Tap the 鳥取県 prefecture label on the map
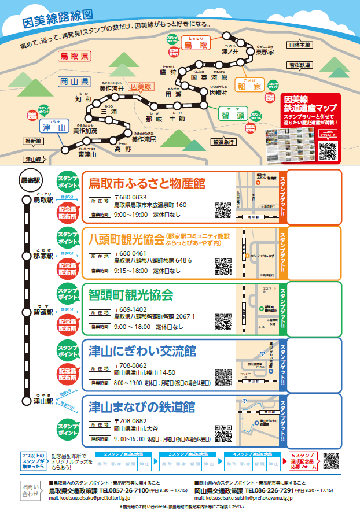(74, 56)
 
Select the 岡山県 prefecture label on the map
(74, 82)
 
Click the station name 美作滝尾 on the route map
(144, 139)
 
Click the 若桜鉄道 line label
(301, 65)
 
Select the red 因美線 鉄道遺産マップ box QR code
(328, 150)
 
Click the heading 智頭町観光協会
(131, 295)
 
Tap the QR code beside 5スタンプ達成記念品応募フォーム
(331, 461)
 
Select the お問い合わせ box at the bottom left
(31, 490)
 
